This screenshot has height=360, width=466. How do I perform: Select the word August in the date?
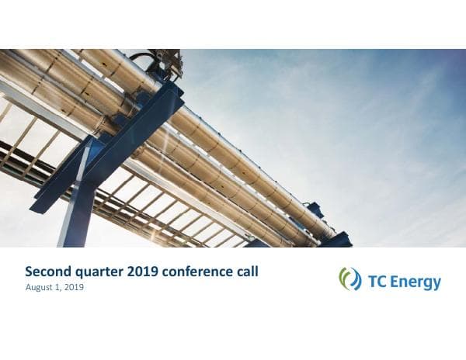coord(40,288)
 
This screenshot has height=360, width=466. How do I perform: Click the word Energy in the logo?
coord(416,281)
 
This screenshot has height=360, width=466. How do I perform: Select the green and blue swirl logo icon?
coord(349,279)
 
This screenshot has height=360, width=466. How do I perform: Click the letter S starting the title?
coord(29,272)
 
